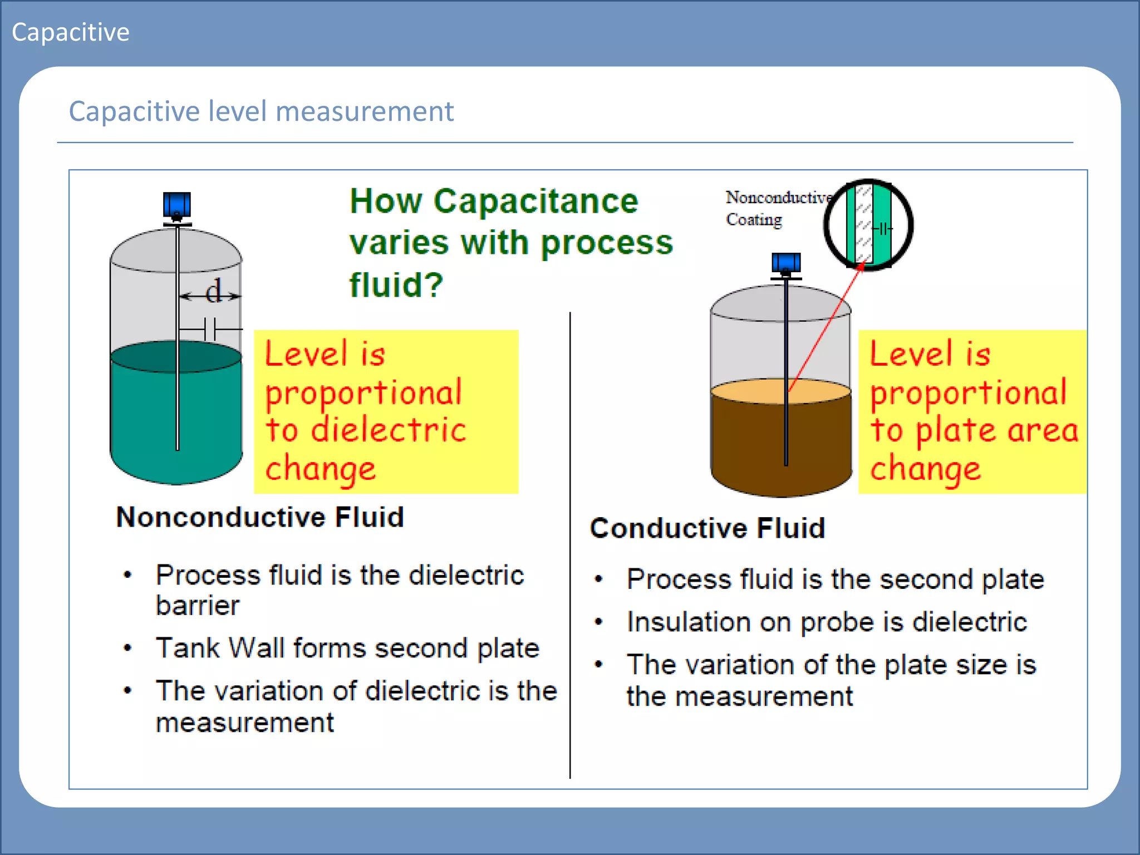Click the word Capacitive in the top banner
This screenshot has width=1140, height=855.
[x=70, y=32]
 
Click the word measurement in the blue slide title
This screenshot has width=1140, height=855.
[x=365, y=111]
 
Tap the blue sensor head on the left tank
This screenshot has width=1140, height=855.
[x=177, y=205]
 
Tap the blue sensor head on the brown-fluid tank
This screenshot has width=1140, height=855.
[x=786, y=263]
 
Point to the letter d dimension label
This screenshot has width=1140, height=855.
[x=213, y=291]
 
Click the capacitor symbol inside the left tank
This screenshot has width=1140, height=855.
[x=210, y=329]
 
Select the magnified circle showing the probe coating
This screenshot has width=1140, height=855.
[x=868, y=225]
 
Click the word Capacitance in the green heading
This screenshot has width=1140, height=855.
[x=535, y=201]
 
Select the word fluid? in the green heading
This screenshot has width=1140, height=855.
[x=396, y=285]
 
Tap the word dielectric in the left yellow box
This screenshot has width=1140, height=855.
[x=388, y=430]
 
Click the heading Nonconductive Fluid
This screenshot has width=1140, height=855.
[x=260, y=517]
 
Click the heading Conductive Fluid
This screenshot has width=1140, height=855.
[x=707, y=528]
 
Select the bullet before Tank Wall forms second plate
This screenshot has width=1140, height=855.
[x=128, y=648]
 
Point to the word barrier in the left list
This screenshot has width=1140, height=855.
[x=198, y=606]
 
